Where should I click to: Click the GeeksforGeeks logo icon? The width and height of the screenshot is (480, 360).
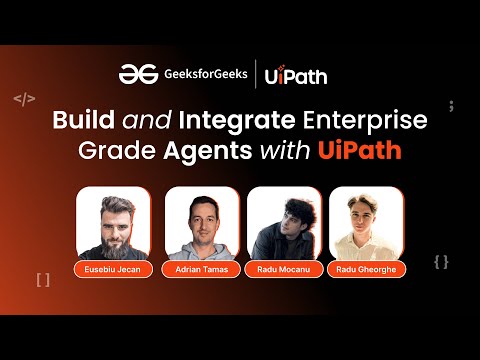133,74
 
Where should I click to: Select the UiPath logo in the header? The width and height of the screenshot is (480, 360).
296,75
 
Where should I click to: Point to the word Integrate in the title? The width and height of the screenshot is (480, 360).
227,123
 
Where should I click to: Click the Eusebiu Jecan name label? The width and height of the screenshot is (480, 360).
112,270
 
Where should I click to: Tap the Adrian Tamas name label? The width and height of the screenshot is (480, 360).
200,270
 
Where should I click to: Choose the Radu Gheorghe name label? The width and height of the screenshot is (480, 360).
366,270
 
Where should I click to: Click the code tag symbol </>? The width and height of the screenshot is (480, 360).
24,100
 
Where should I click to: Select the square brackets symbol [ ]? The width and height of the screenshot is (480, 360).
42,280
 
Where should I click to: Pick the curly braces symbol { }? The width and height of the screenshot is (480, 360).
441,262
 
